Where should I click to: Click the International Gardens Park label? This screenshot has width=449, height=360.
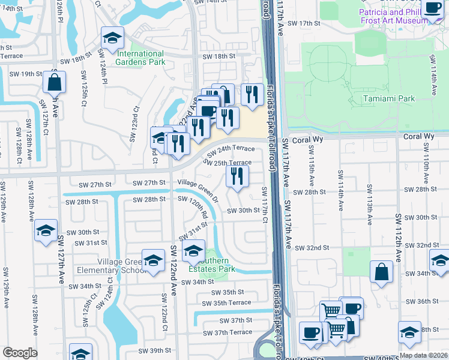[140, 58]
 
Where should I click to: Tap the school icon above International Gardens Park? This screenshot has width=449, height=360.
[112, 38]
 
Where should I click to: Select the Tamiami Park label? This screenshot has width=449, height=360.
[389, 98]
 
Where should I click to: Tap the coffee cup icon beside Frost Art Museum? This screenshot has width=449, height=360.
[432, 8]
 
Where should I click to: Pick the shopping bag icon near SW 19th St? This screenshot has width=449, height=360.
[53, 82]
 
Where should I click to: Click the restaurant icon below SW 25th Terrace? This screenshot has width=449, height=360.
[237, 176]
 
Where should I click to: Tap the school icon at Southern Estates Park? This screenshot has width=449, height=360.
[193, 251]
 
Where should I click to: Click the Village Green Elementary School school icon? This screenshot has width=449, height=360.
[154, 260]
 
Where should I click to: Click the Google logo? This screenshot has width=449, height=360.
[20, 353]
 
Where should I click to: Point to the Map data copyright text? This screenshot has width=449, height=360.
[423, 355]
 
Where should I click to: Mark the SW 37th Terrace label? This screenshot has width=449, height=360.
[228, 332]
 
